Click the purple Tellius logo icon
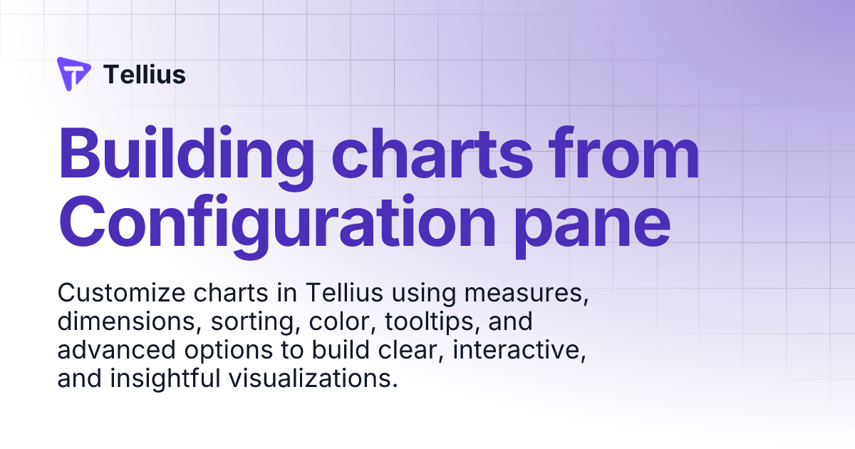74,74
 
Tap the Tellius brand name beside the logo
145,74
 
